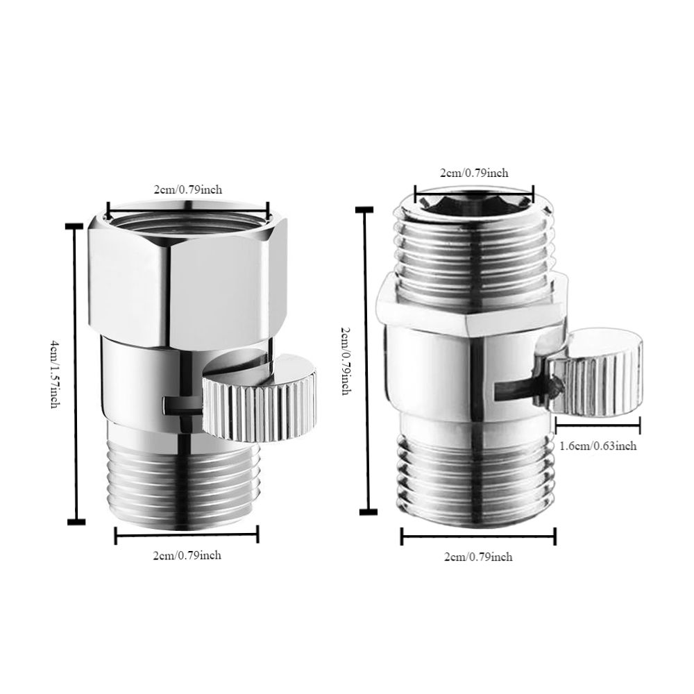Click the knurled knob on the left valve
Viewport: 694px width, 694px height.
click(260, 398)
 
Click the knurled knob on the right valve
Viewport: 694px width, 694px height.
click(593, 375)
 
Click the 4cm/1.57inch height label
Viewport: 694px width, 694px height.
click(53, 374)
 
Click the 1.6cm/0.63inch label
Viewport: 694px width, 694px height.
click(598, 446)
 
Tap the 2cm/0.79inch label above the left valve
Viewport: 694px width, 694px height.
click(187, 190)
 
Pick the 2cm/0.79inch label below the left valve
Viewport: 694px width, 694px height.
click(187, 555)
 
